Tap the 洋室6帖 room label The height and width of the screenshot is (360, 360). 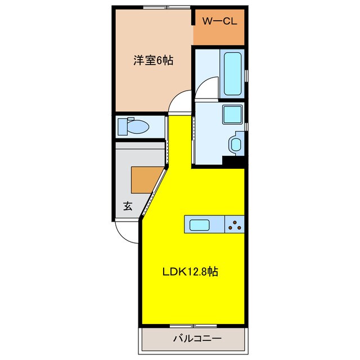[152, 61]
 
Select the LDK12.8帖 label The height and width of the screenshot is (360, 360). [190, 272]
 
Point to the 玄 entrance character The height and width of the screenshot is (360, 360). [128, 206]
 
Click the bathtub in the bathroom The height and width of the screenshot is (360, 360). [232, 73]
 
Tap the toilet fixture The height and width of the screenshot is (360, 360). [133, 127]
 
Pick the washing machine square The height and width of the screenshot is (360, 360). [231, 114]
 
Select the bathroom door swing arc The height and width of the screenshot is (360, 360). [205, 89]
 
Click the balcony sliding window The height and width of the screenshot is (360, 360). [193, 326]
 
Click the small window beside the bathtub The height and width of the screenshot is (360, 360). [246, 73]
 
